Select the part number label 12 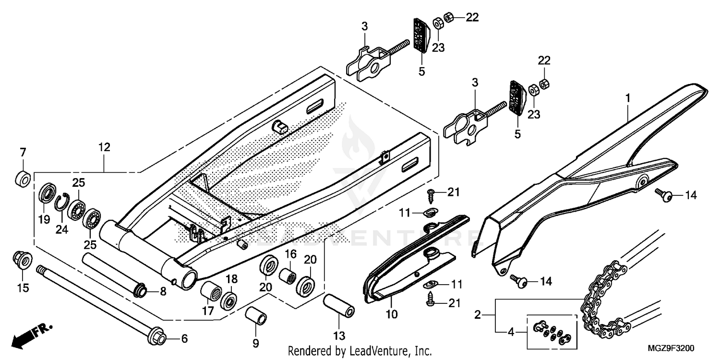(105, 147)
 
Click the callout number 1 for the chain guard (627, 98)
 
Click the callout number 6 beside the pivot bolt (184, 338)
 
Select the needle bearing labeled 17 (211, 290)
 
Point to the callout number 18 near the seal (231, 279)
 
